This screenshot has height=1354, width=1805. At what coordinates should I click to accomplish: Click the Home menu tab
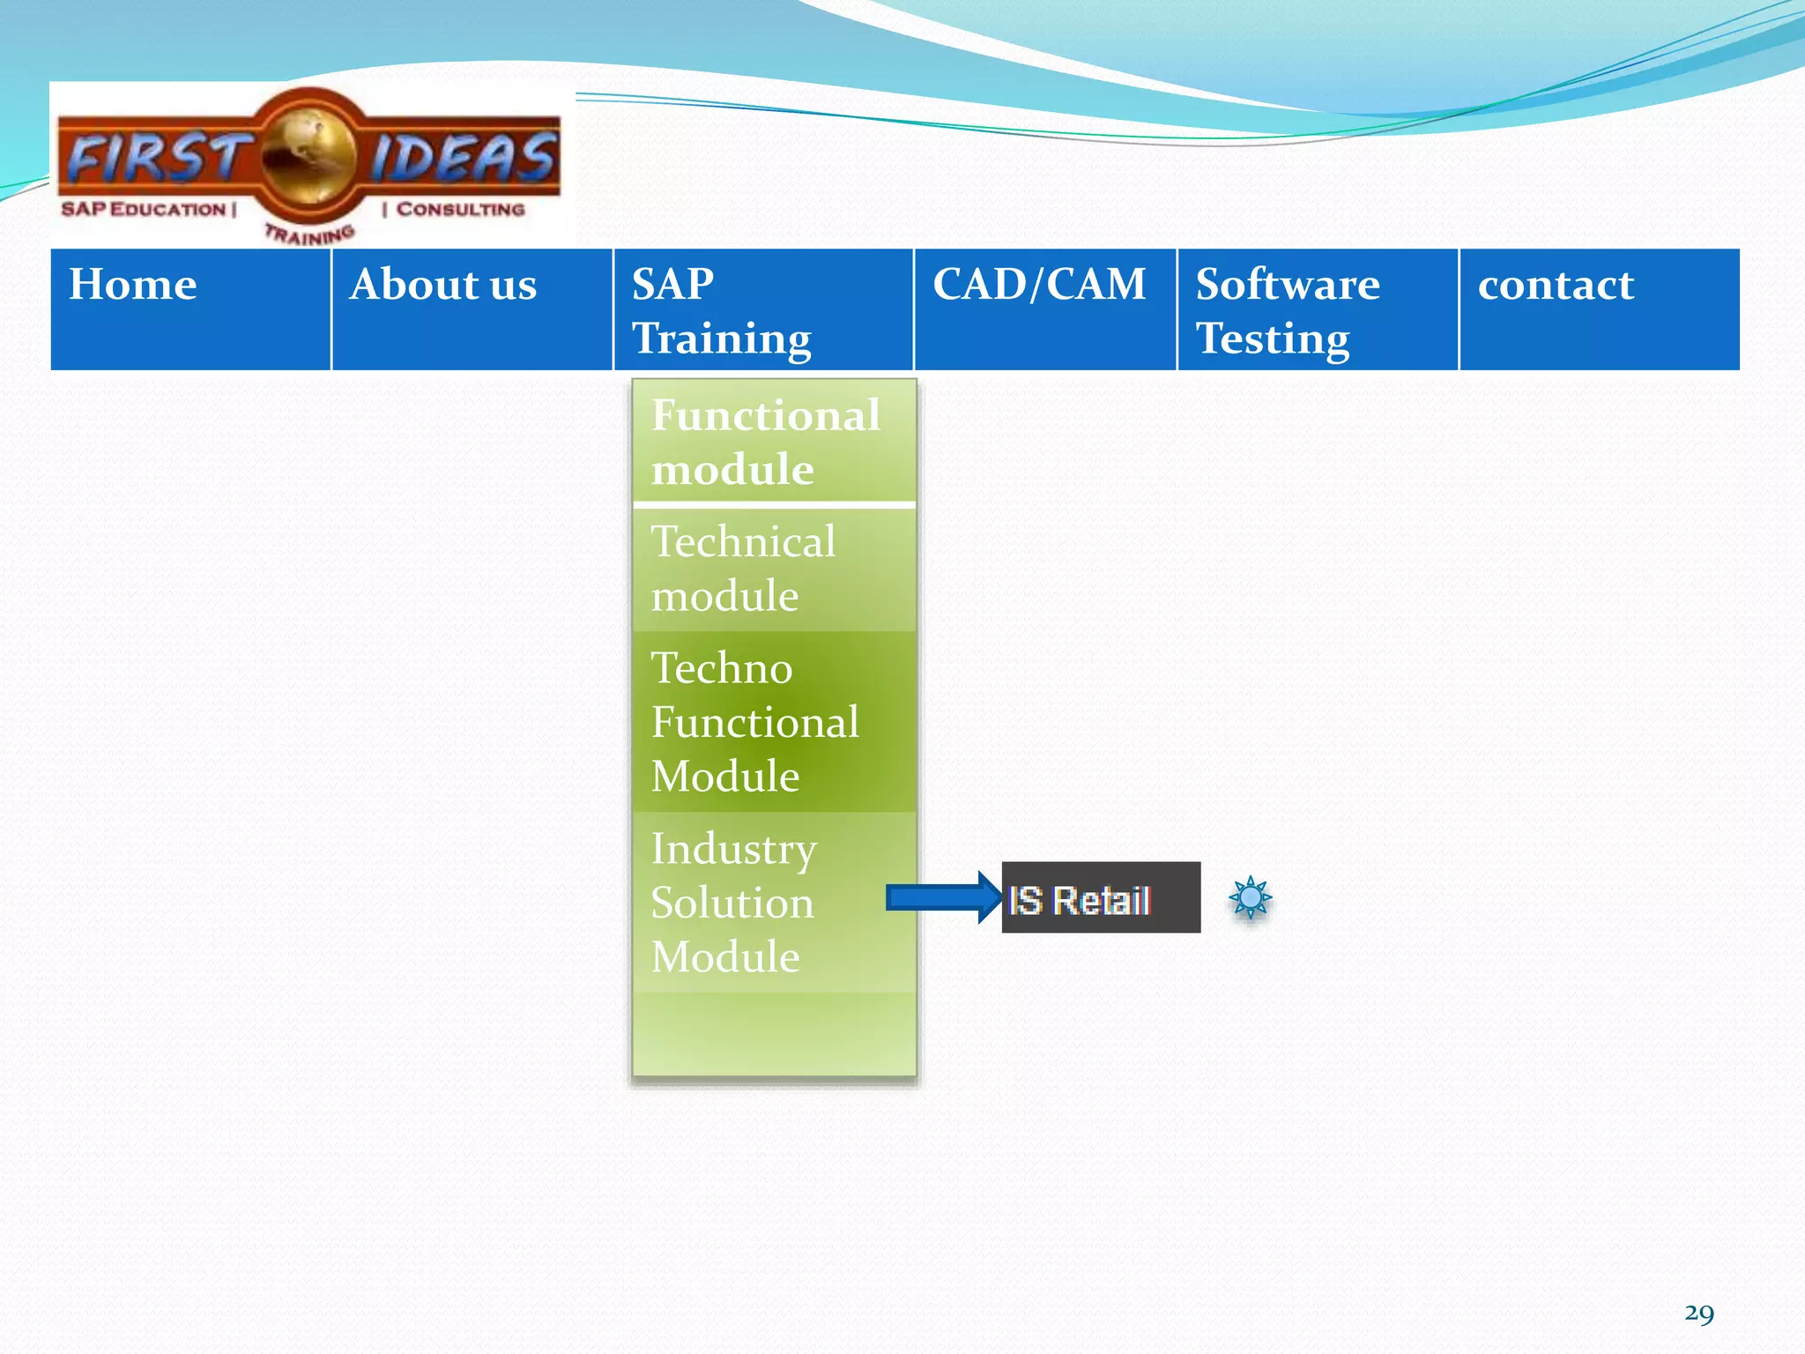pyautogui.click(x=190, y=309)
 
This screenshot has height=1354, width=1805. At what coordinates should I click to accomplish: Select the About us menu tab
pyautogui.click(x=472, y=309)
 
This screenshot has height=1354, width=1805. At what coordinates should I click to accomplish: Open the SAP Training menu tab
pyautogui.click(x=763, y=309)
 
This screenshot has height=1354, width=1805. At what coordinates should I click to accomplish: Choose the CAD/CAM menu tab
pyautogui.click(x=1045, y=309)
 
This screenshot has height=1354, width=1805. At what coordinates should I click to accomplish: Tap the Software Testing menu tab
pyautogui.click(x=1318, y=309)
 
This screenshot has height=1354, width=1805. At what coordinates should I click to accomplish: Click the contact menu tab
pyautogui.click(x=1599, y=309)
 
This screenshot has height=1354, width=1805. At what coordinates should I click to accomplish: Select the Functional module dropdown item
pyautogui.click(x=774, y=441)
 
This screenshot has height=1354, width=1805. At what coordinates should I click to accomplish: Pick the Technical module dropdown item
pyautogui.click(x=774, y=569)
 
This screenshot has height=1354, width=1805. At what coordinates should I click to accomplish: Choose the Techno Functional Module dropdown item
pyautogui.click(x=774, y=721)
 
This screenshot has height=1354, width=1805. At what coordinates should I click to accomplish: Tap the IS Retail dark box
pyautogui.click(x=1101, y=898)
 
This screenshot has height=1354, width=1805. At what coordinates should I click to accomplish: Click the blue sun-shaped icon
pyautogui.click(x=1250, y=898)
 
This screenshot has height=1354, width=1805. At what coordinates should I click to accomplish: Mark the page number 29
pyautogui.click(x=1698, y=1313)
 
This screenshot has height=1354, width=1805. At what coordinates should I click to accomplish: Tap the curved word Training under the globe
pyautogui.click(x=310, y=234)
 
